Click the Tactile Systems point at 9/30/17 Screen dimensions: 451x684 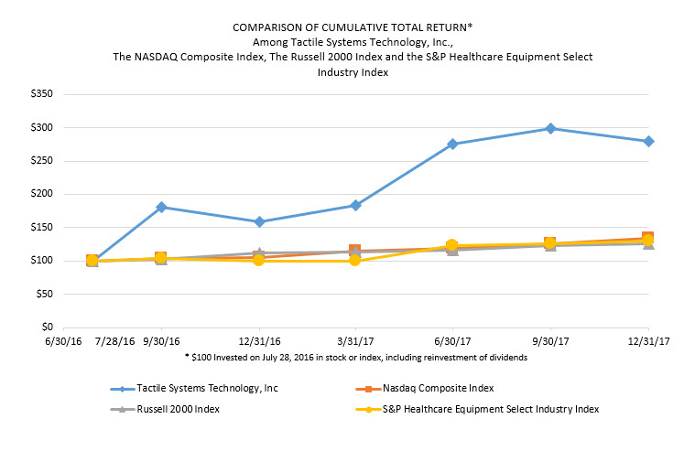pos(549,128)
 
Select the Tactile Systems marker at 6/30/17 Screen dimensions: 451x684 pos(452,144)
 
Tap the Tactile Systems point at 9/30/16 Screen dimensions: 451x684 pos(162,207)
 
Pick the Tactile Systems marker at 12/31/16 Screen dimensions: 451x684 pos(259,221)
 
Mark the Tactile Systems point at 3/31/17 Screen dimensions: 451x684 pos(355,205)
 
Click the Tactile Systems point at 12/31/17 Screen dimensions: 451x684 pos(648,141)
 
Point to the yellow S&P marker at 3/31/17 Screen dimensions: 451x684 pos(355,261)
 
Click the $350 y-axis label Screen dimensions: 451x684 pos(39,94)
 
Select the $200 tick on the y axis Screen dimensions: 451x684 pos(39,194)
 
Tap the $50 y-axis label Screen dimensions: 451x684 pos(42,294)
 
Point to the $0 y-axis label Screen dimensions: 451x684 pos(45,327)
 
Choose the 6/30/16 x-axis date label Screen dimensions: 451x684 pos(65,340)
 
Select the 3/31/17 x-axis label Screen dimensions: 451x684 pos(355,340)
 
